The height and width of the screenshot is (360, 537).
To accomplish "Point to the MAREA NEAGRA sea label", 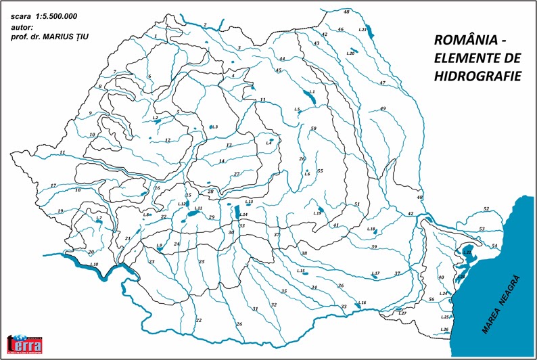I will click(501, 303).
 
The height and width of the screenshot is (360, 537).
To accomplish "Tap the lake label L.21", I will click(363, 30).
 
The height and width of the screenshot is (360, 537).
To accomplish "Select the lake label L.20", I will click(350, 53).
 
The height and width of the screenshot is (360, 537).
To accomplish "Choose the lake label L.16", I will click(363, 302).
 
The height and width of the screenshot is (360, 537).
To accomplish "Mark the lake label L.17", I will click(376, 273).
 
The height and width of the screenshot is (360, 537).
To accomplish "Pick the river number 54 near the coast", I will click(494, 246).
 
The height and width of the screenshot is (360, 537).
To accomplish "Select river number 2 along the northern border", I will click(204, 25).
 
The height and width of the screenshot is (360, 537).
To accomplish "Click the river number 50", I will click(313, 128).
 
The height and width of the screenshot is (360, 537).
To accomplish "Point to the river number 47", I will click(382, 83).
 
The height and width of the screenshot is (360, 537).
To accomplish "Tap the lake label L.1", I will click(312, 91).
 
